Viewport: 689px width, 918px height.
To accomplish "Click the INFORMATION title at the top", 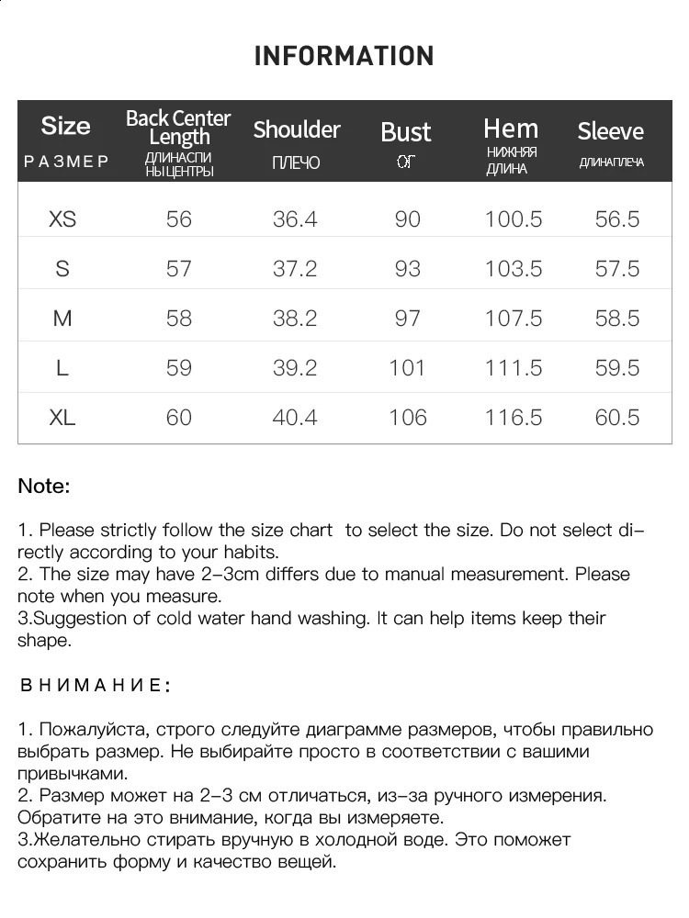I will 344,56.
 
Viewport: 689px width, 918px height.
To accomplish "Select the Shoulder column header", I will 297,129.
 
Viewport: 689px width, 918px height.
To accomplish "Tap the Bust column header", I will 406,132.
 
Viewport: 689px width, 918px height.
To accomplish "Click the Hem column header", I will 511,129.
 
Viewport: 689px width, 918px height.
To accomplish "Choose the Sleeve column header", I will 611,131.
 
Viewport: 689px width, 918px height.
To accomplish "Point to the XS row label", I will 62,219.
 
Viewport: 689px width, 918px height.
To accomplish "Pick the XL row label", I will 62,418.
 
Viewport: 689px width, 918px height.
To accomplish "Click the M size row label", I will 62,319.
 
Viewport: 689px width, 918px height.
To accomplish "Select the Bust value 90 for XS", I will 407,219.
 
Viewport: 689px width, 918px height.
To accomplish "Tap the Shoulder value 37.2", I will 295,269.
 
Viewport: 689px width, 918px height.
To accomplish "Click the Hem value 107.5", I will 514,319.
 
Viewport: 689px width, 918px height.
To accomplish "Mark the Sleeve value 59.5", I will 617,368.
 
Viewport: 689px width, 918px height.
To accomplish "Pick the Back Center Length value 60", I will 179,418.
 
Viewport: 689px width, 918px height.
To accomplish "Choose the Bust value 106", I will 407,418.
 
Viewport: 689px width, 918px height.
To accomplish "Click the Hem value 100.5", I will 514,219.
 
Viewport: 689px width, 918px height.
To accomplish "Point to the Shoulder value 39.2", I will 295,368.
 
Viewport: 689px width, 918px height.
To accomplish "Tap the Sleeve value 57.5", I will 617,269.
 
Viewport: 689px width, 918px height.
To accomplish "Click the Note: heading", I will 44,487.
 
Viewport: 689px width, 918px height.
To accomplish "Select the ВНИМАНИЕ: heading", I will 96,686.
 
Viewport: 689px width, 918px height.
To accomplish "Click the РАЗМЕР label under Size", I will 66,162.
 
